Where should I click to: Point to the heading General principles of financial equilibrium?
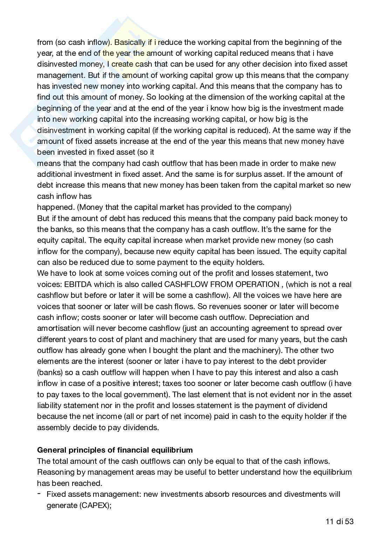click(115, 450)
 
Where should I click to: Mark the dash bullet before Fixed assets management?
click(38, 494)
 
